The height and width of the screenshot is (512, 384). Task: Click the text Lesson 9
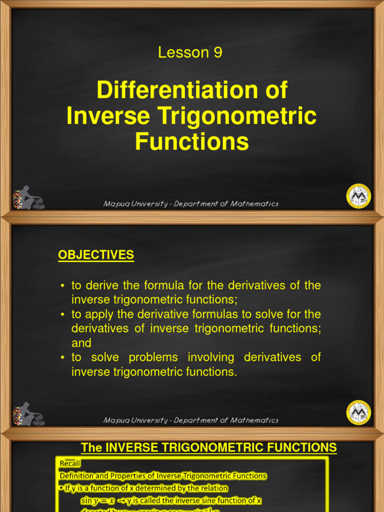pyautogui.click(x=190, y=52)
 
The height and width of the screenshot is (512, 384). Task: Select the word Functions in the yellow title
pyautogui.click(x=191, y=141)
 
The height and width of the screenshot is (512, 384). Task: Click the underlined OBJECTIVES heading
pyautogui.click(x=96, y=255)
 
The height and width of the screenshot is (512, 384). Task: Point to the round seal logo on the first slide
pyautogui.click(x=358, y=195)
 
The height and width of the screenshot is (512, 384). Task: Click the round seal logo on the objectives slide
pyautogui.click(x=358, y=412)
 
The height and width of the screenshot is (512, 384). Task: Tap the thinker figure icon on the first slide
pyautogui.click(x=28, y=197)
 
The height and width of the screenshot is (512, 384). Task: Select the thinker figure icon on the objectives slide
pyautogui.click(x=28, y=414)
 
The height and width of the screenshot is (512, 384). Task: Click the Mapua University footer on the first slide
pyautogui.click(x=190, y=204)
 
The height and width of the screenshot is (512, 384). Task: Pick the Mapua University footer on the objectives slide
pyautogui.click(x=190, y=420)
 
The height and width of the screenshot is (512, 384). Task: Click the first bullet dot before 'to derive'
pyautogui.click(x=62, y=286)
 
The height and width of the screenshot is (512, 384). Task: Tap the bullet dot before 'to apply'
pyautogui.click(x=62, y=315)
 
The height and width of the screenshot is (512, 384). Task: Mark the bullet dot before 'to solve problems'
pyautogui.click(x=62, y=358)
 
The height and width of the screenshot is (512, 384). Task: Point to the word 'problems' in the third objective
pyautogui.click(x=152, y=357)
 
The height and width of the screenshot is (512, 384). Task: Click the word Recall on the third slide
pyautogui.click(x=69, y=464)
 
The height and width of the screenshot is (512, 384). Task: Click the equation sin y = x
pyautogui.click(x=97, y=500)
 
